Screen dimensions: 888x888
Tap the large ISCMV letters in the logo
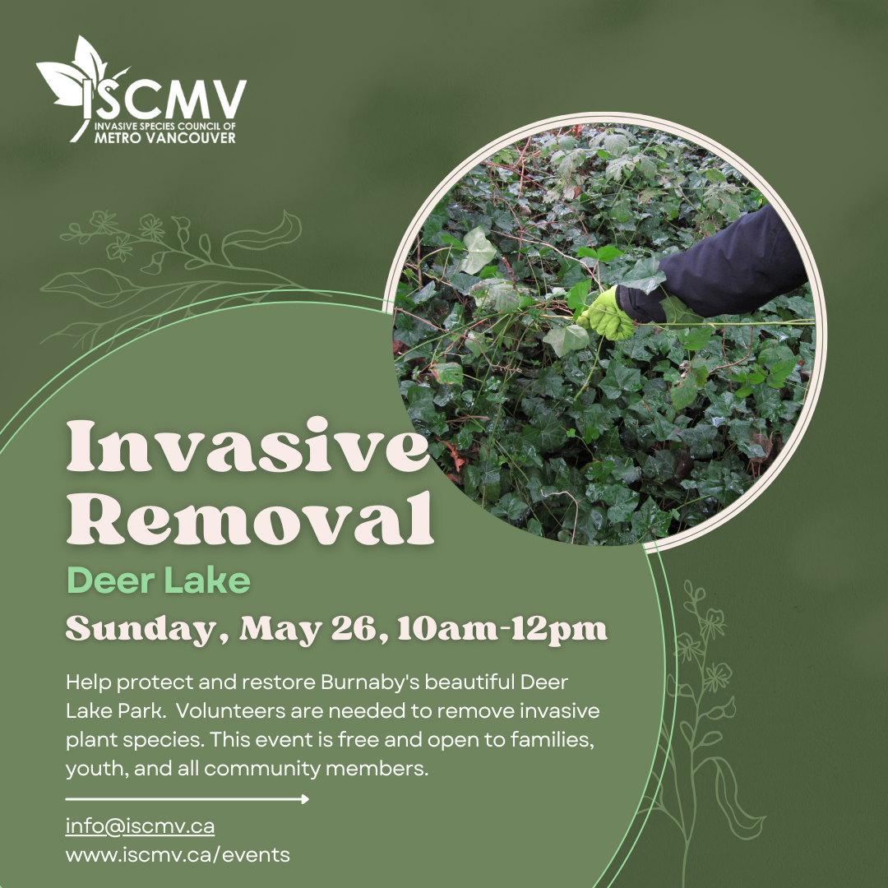click(165, 99)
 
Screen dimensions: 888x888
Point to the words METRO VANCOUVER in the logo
click(164, 137)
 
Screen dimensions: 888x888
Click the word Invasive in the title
click(247, 446)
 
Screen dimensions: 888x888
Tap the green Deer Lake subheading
click(158, 580)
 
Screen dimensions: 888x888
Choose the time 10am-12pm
click(502, 629)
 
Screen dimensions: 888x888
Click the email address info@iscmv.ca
click(140, 826)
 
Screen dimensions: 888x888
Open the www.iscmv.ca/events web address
click(178, 854)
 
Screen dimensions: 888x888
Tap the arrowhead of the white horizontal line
click(305, 799)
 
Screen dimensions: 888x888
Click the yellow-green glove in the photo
click(608, 315)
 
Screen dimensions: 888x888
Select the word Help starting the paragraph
click(88, 682)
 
